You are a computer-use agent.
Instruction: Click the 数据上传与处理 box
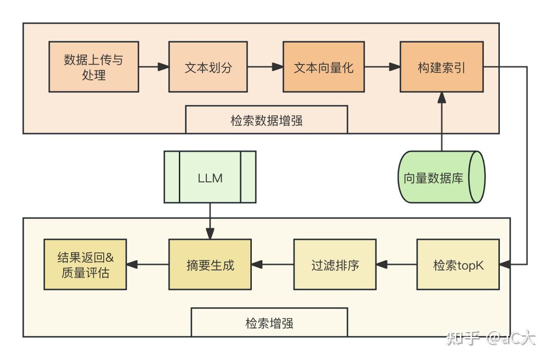[94, 67]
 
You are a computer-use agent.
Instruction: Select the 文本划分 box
[208, 67]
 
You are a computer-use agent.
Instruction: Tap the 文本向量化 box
[324, 67]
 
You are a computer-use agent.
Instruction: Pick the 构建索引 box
[442, 67]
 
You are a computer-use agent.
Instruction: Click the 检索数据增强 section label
[266, 120]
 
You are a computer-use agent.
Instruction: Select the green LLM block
[210, 177]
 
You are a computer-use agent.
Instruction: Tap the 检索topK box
[458, 264]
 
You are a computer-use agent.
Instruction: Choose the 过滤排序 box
[334, 264]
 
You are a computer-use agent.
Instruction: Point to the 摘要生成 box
[210, 264]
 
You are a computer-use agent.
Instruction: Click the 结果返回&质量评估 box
[85, 264]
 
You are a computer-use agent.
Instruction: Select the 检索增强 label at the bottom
[269, 322]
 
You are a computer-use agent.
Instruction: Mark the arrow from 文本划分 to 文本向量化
[265, 67]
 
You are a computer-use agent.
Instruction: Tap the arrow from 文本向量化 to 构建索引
[382, 67]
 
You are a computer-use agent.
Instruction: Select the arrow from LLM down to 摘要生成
[210, 221]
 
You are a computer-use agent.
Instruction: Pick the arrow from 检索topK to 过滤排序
[396, 264]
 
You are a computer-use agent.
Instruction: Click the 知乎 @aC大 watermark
[491, 338]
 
